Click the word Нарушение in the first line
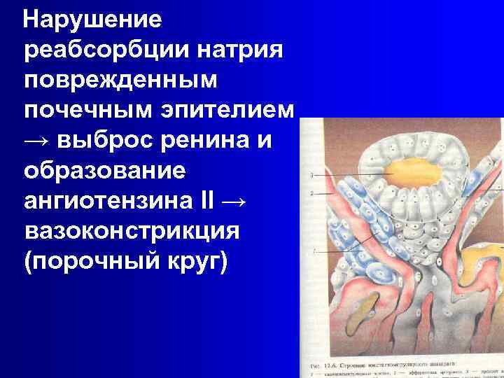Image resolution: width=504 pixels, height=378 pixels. coord(92,20)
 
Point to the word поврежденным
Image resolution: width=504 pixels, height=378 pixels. coord(120,81)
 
